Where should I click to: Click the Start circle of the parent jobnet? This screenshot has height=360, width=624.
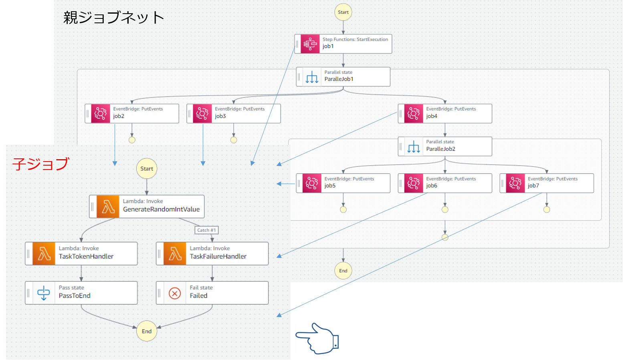[343, 12]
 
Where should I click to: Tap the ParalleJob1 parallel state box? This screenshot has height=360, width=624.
[343, 77]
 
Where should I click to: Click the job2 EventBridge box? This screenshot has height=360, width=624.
[132, 113]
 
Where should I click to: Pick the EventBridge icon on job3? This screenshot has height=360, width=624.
[202, 113]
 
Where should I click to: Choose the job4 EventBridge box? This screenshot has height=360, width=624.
[445, 113]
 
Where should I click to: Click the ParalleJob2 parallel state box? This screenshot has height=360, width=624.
[445, 146]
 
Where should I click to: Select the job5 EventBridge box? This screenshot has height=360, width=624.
[343, 183]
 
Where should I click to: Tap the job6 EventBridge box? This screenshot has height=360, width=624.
[445, 183]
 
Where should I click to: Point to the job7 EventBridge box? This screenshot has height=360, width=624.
[547, 183]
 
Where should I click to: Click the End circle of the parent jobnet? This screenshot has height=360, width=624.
[343, 271]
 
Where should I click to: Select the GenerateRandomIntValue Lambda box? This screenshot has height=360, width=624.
[147, 206]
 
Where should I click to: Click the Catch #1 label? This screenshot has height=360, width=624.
[206, 230]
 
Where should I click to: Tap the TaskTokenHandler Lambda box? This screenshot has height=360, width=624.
[81, 253]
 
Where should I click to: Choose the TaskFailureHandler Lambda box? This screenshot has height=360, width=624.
[212, 253]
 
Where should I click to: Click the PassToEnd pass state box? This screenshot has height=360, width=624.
[81, 293]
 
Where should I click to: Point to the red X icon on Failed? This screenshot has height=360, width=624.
[175, 293]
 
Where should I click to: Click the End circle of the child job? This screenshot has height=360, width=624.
[147, 331]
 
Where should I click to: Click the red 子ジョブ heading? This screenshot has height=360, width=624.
[40, 164]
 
